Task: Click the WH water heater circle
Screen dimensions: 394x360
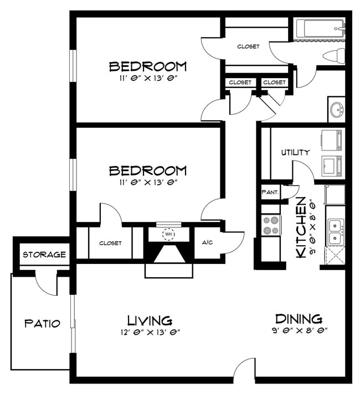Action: coord(168,234)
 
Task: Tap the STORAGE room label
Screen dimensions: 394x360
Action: coord(44,255)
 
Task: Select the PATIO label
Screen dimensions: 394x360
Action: coord(42,324)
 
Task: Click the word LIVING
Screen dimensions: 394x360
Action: coord(150,320)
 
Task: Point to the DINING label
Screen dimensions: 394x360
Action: coord(299,319)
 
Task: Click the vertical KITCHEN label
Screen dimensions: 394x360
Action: coord(302,227)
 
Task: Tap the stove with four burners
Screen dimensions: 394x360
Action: coord(271,226)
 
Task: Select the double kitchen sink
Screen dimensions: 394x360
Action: coord(335,231)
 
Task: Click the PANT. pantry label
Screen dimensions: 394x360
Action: coord(271,193)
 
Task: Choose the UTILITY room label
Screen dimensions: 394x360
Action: coord(295,152)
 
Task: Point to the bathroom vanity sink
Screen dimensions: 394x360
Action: coord(336,110)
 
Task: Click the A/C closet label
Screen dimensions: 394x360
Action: coord(208,242)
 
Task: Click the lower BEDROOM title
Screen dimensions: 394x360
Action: coord(148,170)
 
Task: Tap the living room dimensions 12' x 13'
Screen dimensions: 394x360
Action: coord(150,332)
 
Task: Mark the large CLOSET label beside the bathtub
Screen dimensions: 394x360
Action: coord(248,46)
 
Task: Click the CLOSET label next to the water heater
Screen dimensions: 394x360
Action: coord(110,243)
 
